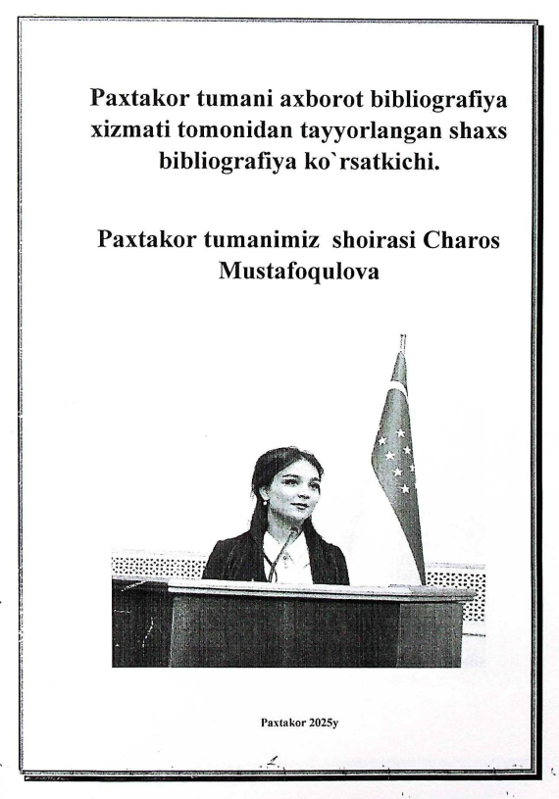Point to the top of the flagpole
(x=402, y=339)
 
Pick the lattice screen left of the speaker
(x=157, y=567)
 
